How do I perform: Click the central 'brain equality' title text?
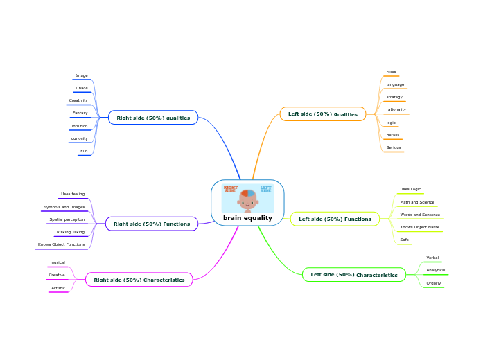click(247, 218)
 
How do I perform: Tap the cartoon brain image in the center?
click(247, 198)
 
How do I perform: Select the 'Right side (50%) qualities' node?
click(153, 118)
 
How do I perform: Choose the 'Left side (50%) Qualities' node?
click(322, 114)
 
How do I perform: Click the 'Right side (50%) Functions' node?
click(152, 224)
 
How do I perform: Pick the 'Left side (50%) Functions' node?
click(335, 219)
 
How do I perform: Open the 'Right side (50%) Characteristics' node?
click(139, 280)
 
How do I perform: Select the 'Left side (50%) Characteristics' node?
click(354, 275)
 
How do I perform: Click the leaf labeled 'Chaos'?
click(82, 88)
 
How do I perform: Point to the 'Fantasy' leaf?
click(80, 113)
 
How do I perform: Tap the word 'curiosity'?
click(79, 138)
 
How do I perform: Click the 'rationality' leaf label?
click(396, 109)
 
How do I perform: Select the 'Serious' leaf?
click(394, 147)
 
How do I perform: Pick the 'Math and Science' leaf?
click(417, 202)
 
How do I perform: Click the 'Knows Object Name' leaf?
click(419, 227)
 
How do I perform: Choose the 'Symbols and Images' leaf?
click(64, 207)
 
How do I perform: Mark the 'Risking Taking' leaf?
click(71, 232)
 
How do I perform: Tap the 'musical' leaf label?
click(58, 262)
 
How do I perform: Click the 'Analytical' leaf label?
click(436, 270)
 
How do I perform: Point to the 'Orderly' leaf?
click(434, 283)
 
